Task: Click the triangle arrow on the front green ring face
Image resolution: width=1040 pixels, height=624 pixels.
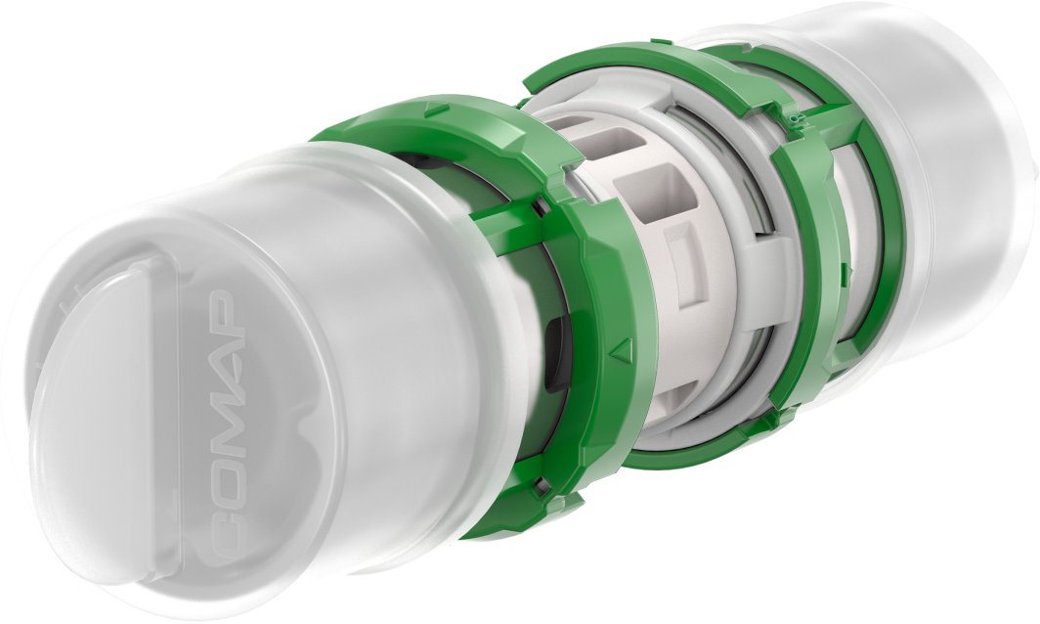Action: coord(621,347)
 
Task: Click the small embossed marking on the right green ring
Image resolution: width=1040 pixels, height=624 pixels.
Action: coord(794,119)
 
